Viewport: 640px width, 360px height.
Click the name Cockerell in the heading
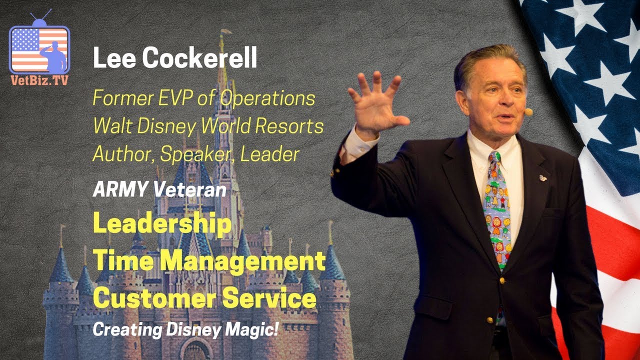(x=199, y=59)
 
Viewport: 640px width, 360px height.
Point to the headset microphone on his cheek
(x=527, y=112)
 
